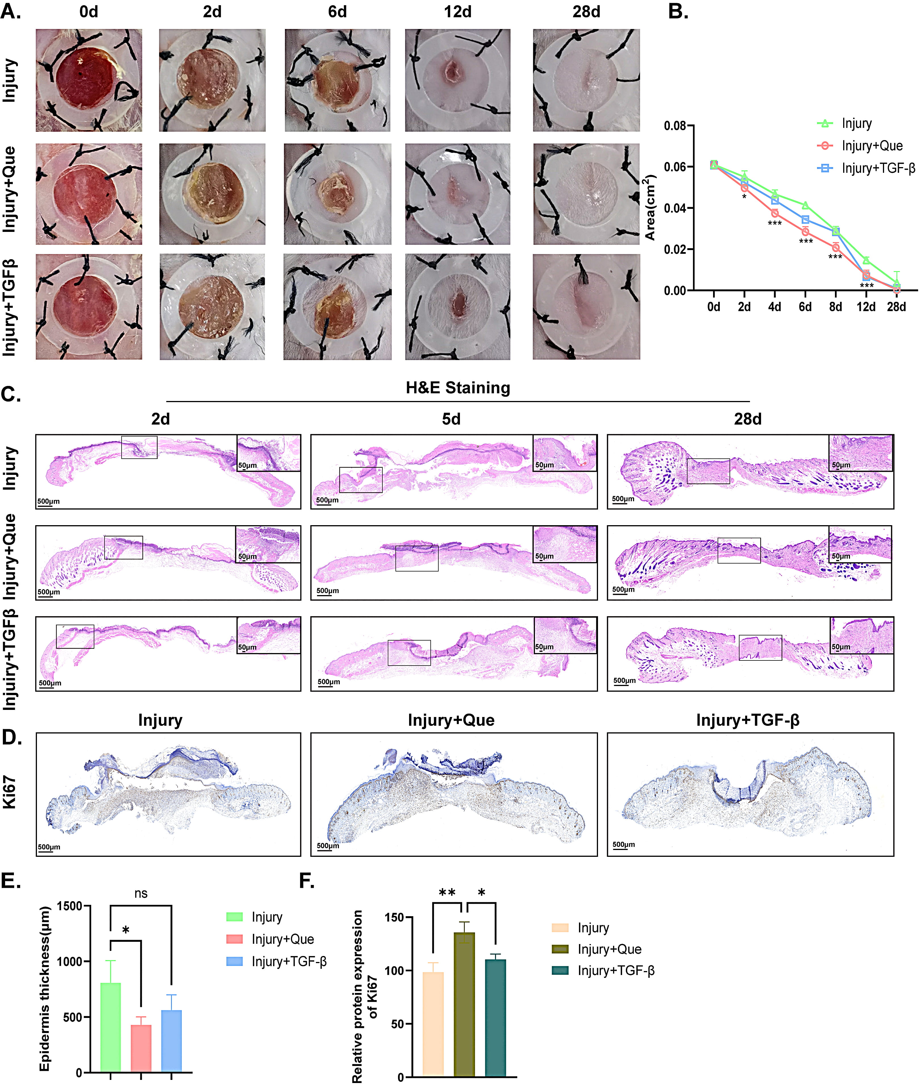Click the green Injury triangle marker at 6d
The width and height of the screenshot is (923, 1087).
click(x=805, y=205)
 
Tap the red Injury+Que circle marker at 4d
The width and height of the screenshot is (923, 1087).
click(x=774, y=213)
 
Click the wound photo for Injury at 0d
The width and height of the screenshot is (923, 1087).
click(x=88, y=80)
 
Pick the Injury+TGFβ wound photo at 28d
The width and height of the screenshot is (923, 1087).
click(x=586, y=307)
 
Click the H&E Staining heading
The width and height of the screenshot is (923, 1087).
click(x=458, y=388)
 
